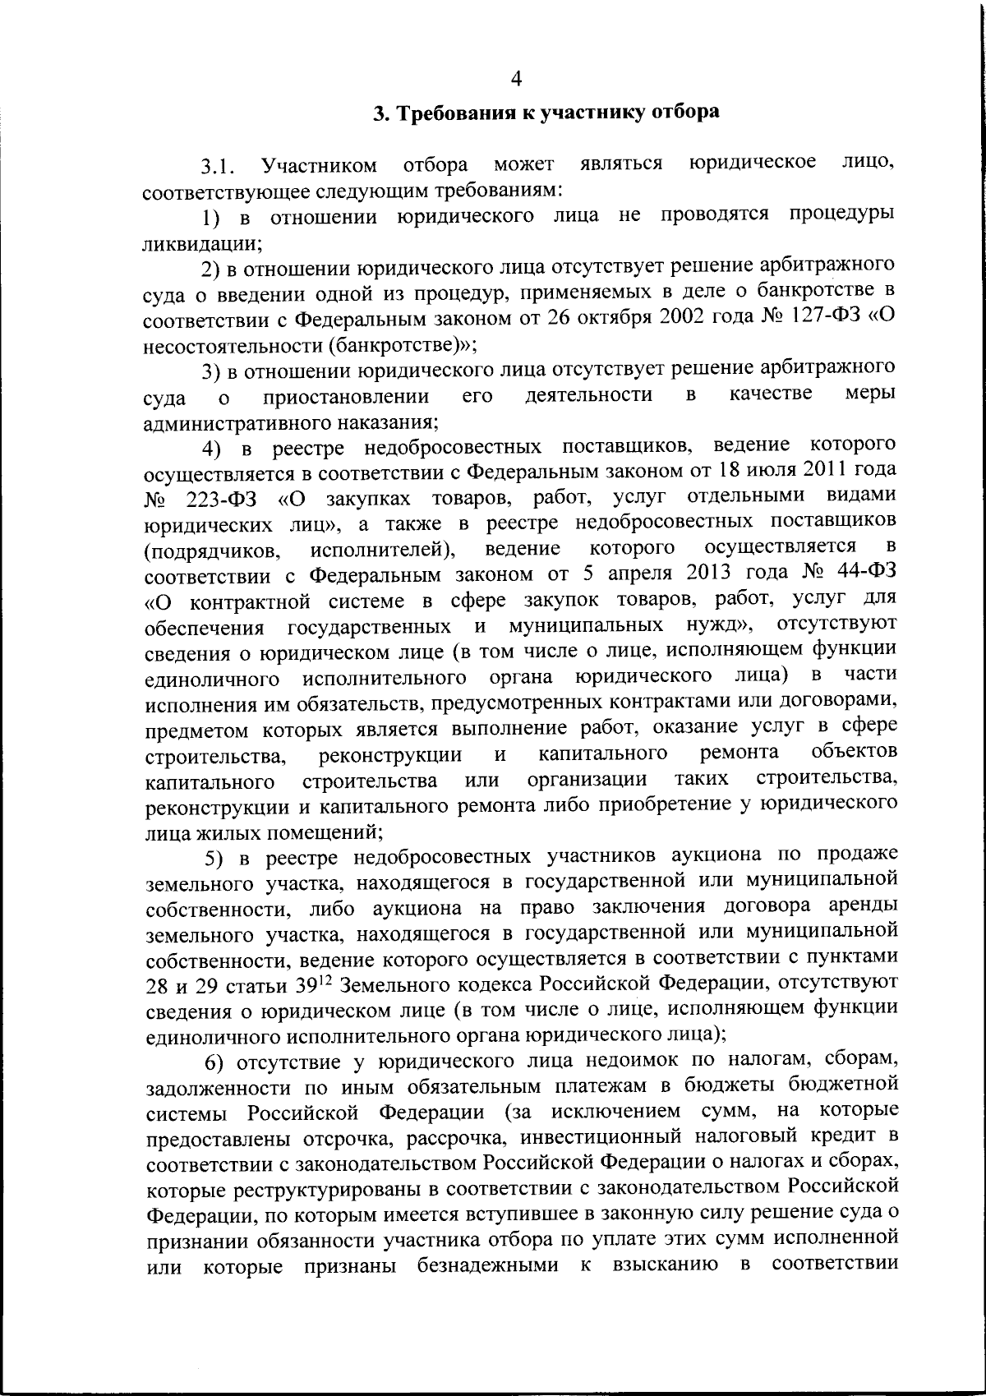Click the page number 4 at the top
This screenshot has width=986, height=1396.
click(x=516, y=79)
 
